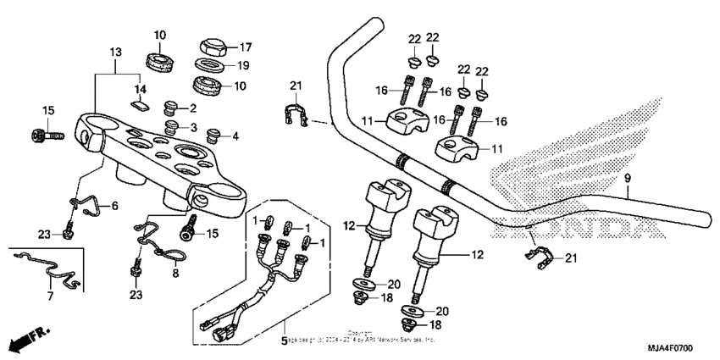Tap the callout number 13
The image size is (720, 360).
[115, 53]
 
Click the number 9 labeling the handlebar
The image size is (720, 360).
[628, 178]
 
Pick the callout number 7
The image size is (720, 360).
[116, 206]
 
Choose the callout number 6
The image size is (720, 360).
[49, 296]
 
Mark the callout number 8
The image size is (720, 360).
[176, 274]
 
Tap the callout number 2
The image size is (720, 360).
[192, 108]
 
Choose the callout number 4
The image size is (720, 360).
[235, 136]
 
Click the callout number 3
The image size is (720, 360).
[192, 127]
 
